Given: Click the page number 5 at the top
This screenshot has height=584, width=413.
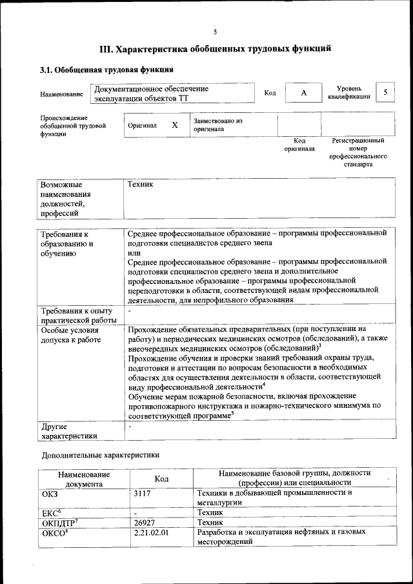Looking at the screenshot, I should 216,31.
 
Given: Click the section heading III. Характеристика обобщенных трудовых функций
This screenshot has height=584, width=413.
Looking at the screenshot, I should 216,48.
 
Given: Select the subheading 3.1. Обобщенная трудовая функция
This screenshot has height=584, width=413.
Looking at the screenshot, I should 106,70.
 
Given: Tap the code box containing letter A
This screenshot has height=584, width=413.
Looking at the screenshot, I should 303,93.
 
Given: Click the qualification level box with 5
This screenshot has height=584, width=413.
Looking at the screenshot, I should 385,92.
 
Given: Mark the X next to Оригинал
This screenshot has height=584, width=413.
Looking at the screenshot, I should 174,125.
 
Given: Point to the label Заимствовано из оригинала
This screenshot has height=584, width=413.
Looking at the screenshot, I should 216,125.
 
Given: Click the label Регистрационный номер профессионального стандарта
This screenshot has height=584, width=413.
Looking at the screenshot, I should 358,152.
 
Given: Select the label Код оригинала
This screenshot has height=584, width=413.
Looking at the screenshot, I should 299,145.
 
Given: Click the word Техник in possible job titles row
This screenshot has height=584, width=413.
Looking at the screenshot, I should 140,185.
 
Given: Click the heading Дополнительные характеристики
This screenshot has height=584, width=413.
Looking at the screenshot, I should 99,455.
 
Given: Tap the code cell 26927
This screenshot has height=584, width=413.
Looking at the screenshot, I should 145,523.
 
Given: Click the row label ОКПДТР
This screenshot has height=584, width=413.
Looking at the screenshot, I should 60,523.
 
